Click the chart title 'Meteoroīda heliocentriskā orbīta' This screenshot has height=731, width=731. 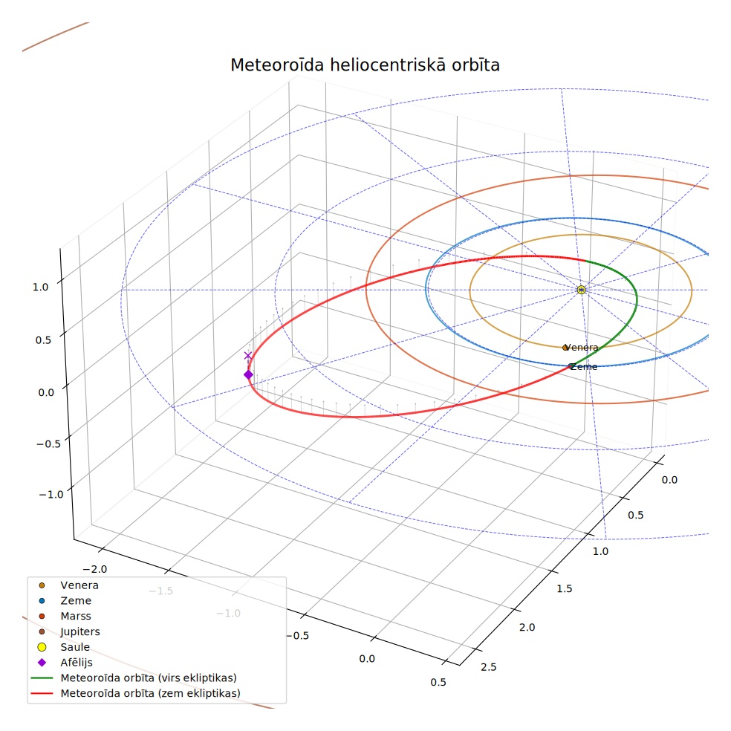click(x=365, y=65)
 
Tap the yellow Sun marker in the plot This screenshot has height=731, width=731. click(x=581, y=290)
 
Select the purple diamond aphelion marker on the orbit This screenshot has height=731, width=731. click(x=248, y=375)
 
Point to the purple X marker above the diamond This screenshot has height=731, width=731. click(x=248, y=356)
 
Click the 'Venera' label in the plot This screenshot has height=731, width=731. click(x=581, y=348)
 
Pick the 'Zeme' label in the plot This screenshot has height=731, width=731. click(x=583, y=367)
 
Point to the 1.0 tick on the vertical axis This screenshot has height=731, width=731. click(x=41, y=287)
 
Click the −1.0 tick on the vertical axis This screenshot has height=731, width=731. click(x=51, y=494)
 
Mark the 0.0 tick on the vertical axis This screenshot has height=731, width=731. click(x=46, y=392)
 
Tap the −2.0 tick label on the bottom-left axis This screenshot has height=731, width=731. click(x=94, y=569)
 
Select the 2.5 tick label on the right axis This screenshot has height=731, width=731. click(x=489, y=667)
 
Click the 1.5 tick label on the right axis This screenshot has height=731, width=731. click(x=564, y=589)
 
